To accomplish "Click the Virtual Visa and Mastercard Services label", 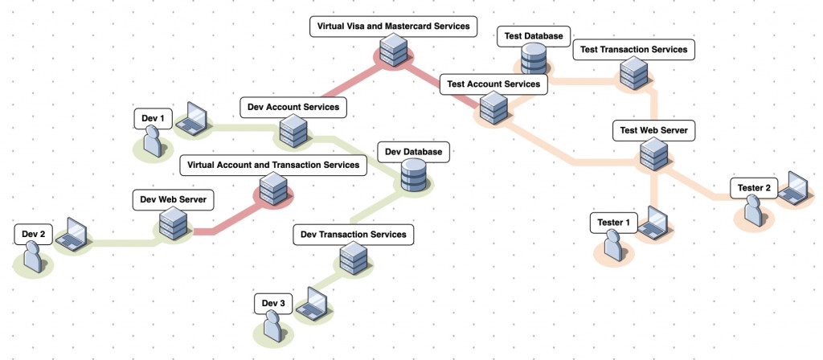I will [393, 27].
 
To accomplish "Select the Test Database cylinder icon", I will [534, 59].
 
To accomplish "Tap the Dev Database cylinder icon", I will [414, 174].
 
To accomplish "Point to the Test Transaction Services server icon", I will [633, 74].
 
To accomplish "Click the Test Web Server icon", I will [653, 153].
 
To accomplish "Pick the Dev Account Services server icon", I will [292, 129].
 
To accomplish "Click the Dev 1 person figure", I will [151, 142].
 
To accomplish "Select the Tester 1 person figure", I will [613, 245].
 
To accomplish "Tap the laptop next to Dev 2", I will [75, 234].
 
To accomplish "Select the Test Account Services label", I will [493, 83].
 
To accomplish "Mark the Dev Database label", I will [414, 151].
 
